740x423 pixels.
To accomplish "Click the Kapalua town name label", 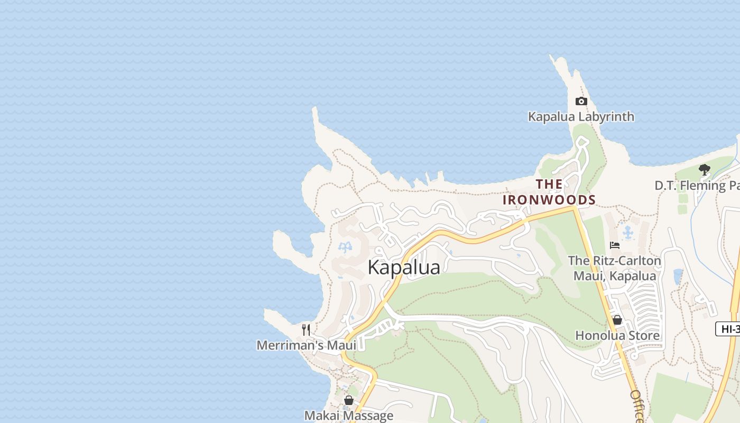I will click(404, 268).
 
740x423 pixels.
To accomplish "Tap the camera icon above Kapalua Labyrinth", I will click(581, 102).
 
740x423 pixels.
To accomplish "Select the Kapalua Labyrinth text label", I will click(581, 117).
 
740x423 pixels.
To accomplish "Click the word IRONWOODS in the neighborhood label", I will click(549, 200).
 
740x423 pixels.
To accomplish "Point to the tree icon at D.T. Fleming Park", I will click(704, 170).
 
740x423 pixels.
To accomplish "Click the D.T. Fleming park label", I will click(697, 186).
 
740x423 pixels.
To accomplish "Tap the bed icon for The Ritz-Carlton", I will click(614, 245).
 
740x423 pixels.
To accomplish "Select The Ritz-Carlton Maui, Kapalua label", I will click(614, 268).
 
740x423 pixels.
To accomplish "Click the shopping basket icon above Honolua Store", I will click(617, 320).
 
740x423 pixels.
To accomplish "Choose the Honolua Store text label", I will click(617, 336).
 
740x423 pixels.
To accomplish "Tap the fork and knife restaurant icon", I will click(306, 330).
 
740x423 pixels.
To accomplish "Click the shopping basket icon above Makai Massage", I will click(348, 400).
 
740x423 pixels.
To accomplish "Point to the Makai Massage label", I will click(348, 416).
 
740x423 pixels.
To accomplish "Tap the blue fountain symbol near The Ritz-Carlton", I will click(628, 232).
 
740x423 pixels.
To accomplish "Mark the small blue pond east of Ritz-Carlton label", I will click(678, 275).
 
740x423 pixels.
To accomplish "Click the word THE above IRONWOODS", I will click(549, 185).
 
